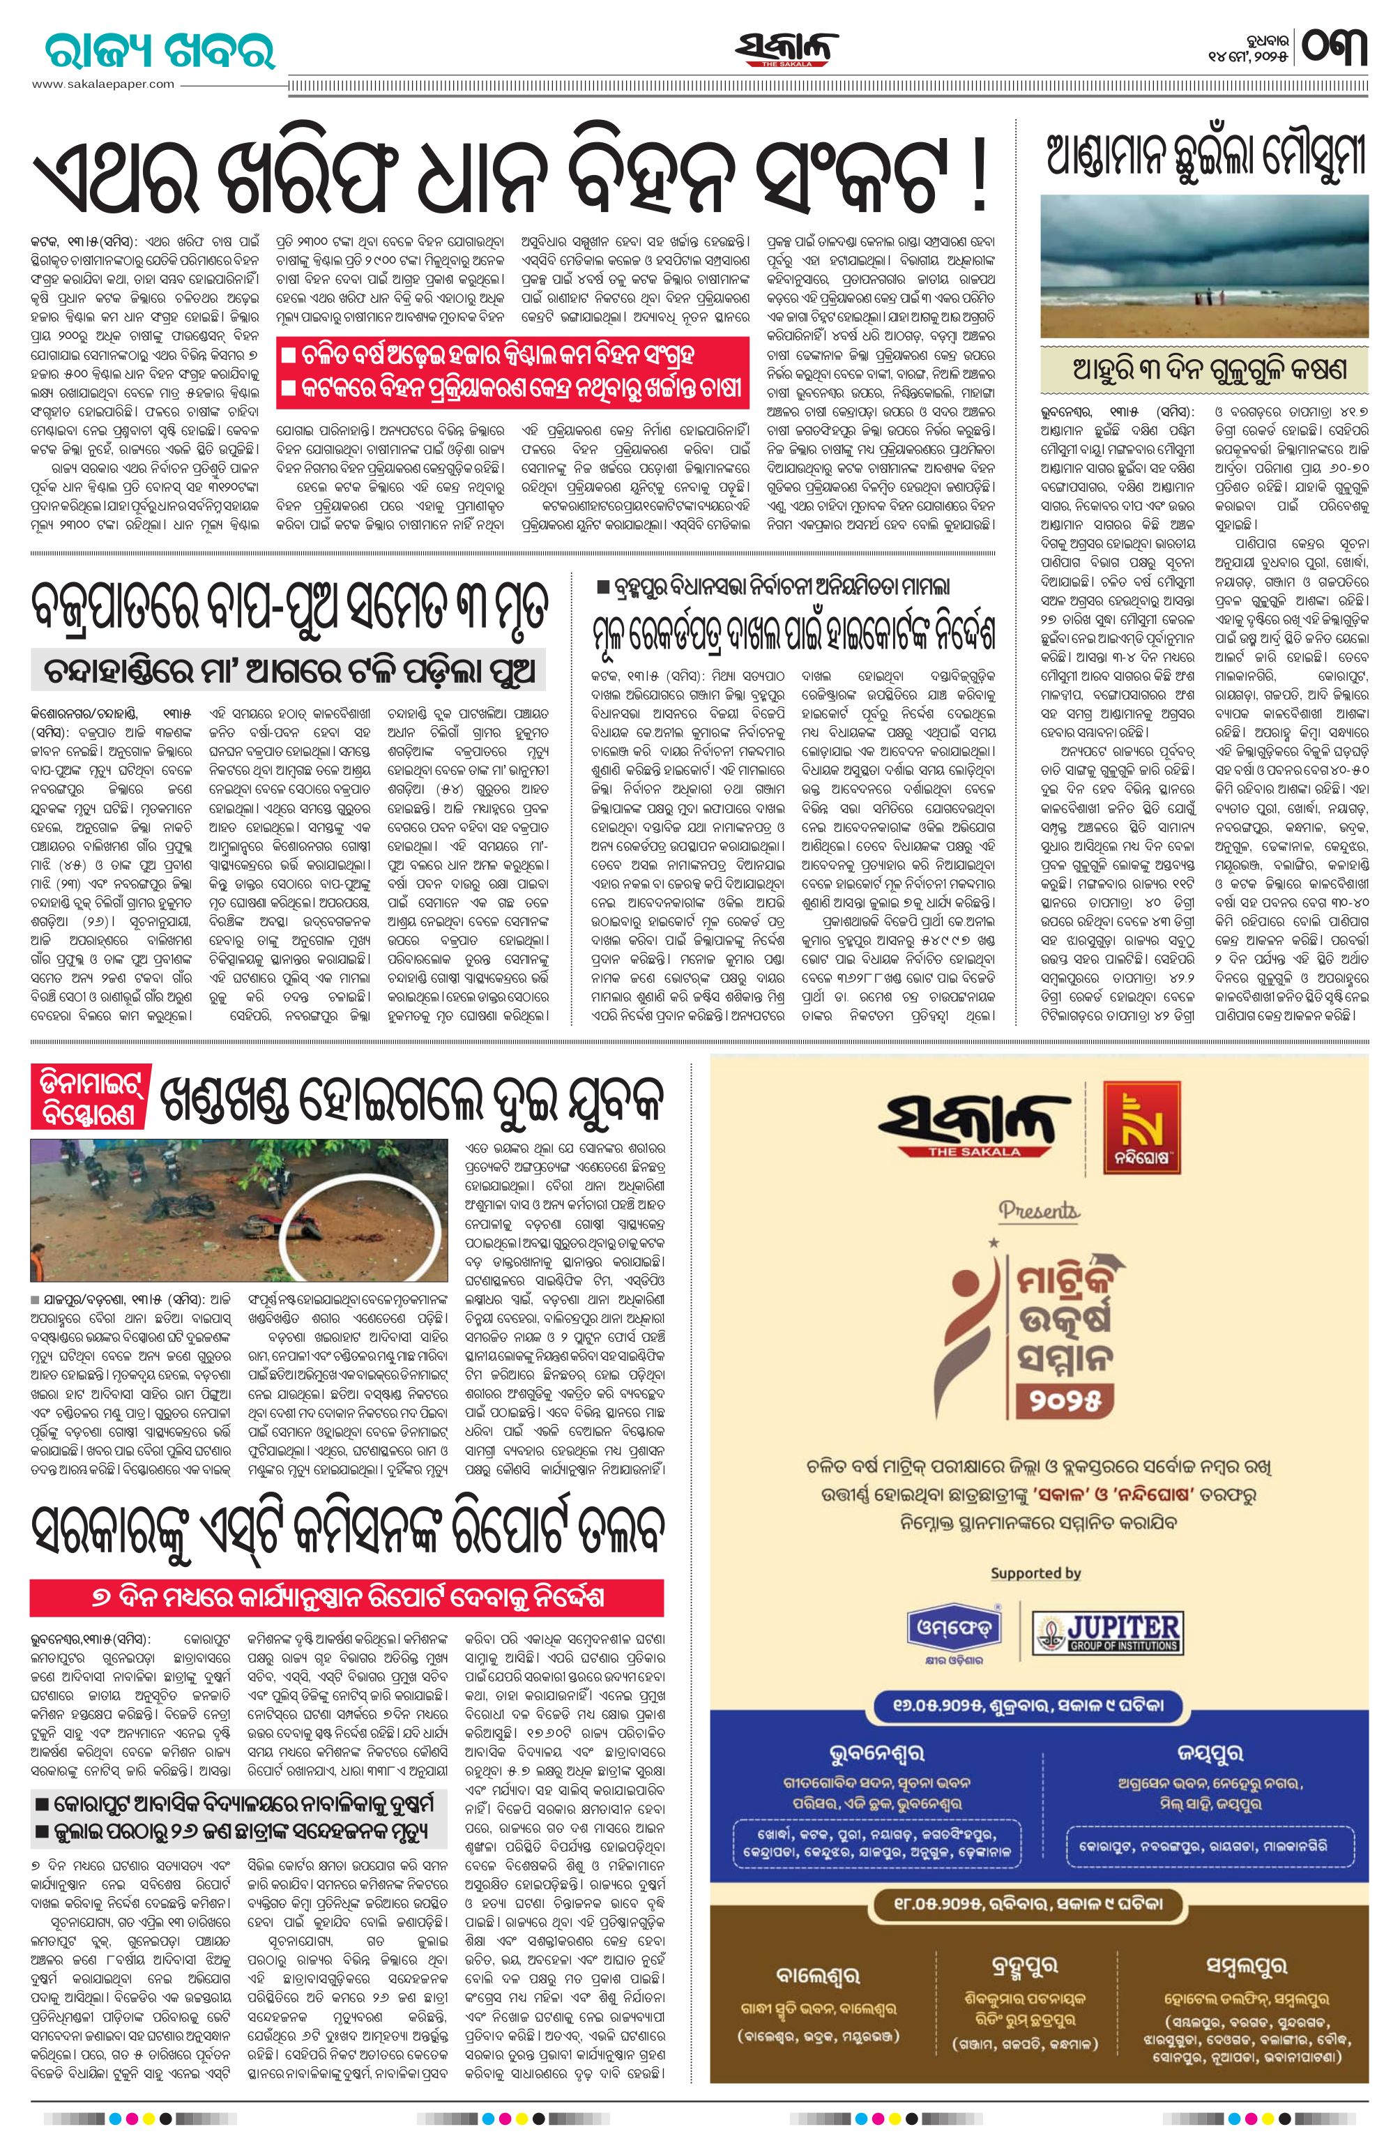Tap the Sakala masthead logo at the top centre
pos(785,50)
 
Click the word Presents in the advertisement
pos(1039,1210)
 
